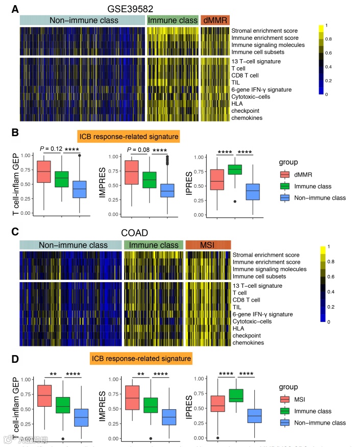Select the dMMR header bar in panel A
pos(215,20)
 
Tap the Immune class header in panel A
pos(173,20)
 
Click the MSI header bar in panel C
pos(208,245)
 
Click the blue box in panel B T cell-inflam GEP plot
pos(79,189)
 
